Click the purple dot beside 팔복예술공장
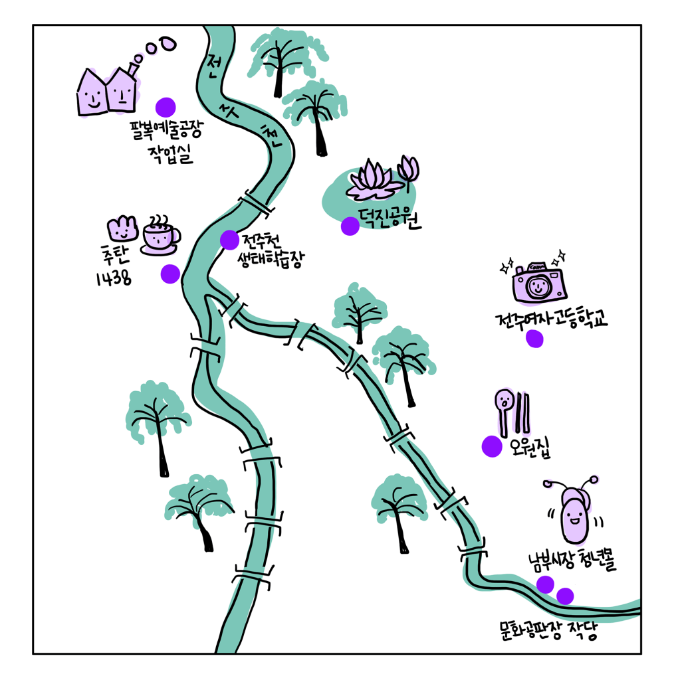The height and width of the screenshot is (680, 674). click(x=166, y=107)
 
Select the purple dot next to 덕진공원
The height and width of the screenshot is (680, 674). click(x=350, y=226)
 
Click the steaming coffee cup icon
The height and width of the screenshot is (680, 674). click(x=160, y=235)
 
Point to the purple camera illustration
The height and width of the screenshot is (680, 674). click(x=538, y=282)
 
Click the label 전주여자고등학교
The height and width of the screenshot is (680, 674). click(x=551, y=319)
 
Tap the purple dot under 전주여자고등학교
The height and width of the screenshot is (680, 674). click(x=534, y=339)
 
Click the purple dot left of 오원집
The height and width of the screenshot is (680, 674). click(x=492, y=446)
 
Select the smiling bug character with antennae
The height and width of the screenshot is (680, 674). click(x=574, y=510)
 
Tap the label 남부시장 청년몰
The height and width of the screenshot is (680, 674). click(x=572, y=561)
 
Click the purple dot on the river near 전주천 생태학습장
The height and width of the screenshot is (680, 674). click(x=229, y=240)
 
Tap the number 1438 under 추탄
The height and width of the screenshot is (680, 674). click(x=114, y=278)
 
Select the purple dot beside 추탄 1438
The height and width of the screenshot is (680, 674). click(x=170, y=274)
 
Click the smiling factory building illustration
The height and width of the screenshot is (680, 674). click(x=108, y=90)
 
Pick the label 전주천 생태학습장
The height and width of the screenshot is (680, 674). click(x=270, y=251)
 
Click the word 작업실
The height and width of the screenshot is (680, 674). click(x=171, y=155)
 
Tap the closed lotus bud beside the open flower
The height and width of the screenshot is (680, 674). click(x=408, y=171)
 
